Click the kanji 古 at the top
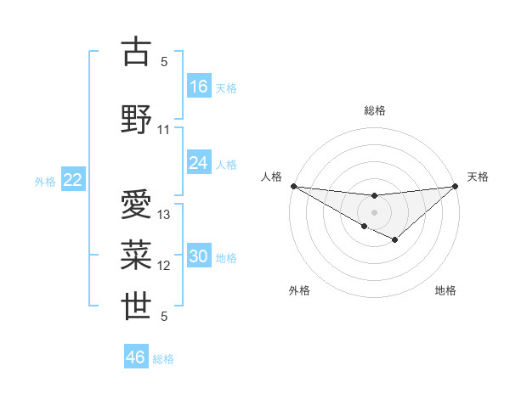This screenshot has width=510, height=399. pos(137,52)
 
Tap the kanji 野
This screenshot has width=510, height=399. pos(137,120)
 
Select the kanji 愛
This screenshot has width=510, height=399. pos(137,205)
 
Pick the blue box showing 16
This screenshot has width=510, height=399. pos(199,87)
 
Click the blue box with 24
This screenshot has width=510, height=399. pos(199,163)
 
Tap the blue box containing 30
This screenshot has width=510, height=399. pos(199,257)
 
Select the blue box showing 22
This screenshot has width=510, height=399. pos(73,180)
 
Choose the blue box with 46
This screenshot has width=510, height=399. pos(136,357)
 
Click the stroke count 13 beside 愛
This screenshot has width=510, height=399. pos(164,215)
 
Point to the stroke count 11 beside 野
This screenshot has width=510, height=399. pos(164,130)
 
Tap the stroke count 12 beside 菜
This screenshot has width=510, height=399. pos(164,266)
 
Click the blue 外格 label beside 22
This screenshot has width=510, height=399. pos(45,181)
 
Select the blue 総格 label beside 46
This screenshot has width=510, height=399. pos(163,359)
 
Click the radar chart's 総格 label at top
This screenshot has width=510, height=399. pos(374,110)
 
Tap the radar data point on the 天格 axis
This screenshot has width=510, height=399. pos(456,186)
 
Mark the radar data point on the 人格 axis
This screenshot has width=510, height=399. pos(293,186)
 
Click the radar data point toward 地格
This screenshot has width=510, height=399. pos(394,240)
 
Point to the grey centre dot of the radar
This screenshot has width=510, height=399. pos(374,211)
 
